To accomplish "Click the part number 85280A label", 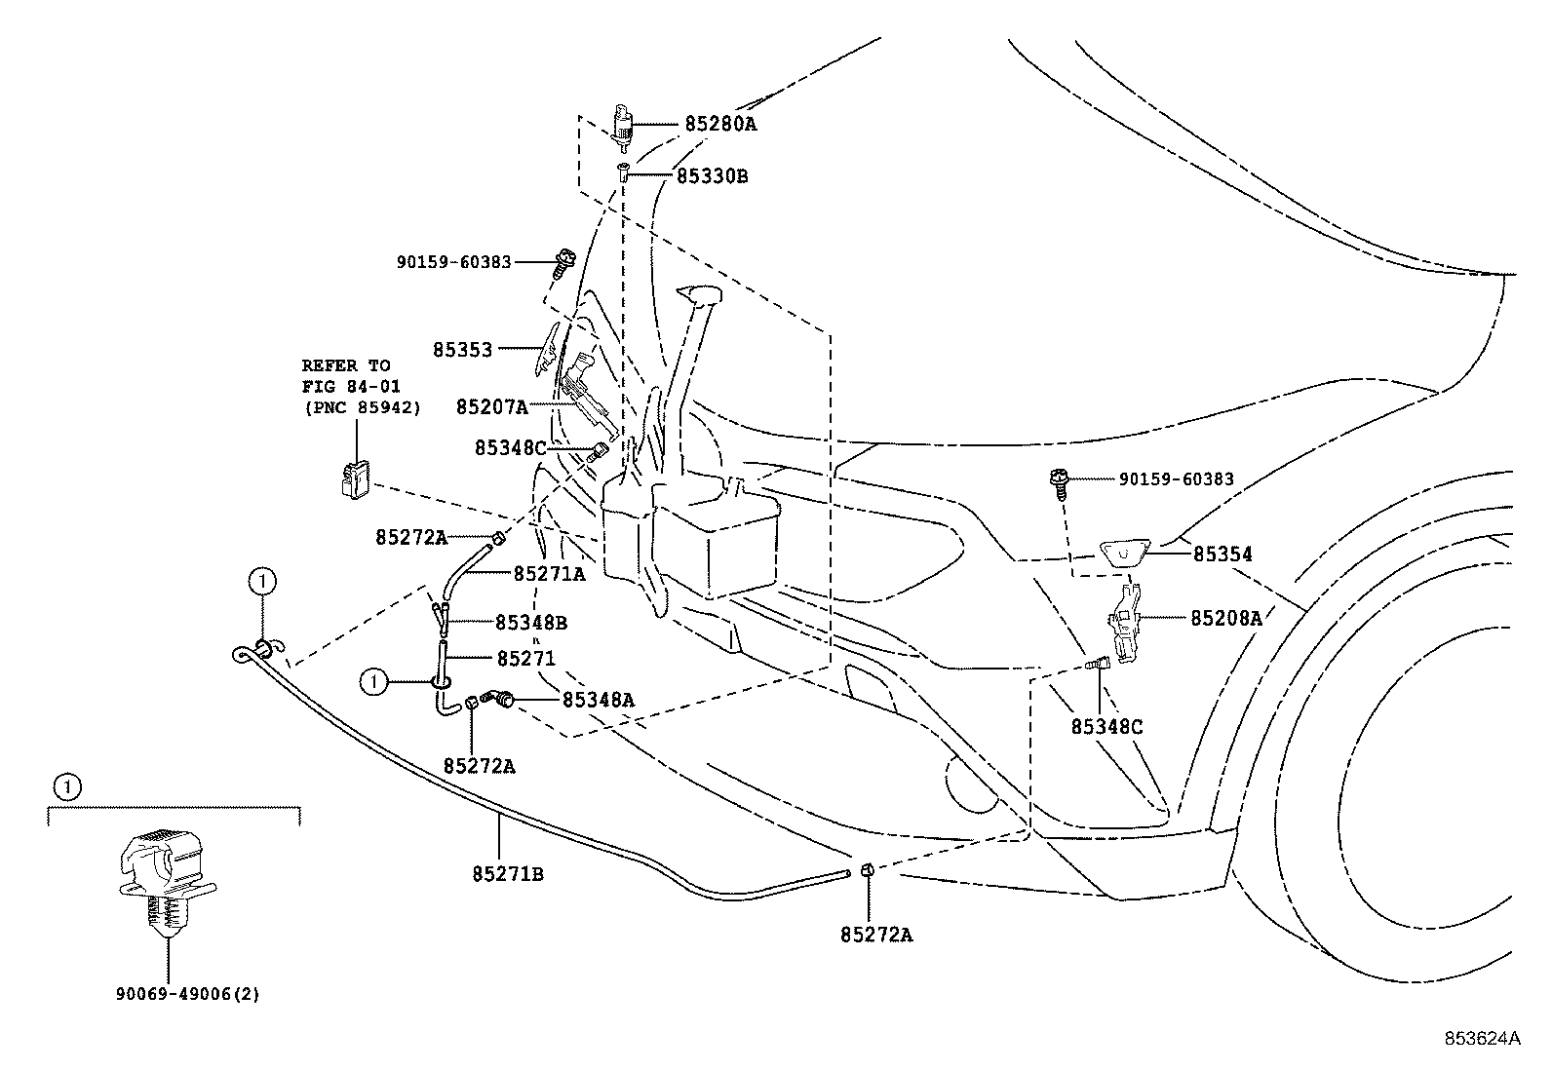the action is [720, 124].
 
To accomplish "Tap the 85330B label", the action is [713, 176].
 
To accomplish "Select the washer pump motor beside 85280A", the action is [624, 126].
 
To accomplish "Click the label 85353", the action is [462, 350].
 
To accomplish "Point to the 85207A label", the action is [492, 406].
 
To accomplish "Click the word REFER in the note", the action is [330, 365].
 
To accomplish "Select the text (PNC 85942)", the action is [363, 408].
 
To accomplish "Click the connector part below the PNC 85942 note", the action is [356, 479].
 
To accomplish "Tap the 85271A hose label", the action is [549, 574].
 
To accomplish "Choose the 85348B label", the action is [530, 623].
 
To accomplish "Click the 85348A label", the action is [598, 700].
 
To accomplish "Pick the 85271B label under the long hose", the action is [508, 874].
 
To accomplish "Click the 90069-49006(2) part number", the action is [188, 994].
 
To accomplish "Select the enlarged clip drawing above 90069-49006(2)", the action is [168, 881].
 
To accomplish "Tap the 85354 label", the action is [1222, 555].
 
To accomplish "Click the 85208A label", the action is [1226, 618].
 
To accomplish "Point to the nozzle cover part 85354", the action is [1124, 554].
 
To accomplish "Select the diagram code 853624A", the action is [1482, 1039].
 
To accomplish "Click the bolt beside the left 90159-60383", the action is [564, 262].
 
